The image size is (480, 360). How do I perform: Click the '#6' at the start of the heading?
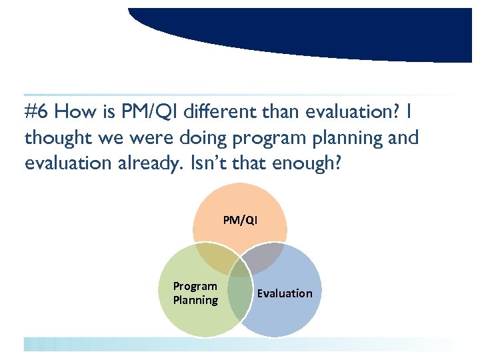tap(36, 112)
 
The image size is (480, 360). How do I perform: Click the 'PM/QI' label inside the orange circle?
tap(240, 220)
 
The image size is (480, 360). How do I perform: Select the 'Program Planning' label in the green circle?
tap(195, 293)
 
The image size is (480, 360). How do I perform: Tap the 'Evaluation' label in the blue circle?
tap(285, 293)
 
